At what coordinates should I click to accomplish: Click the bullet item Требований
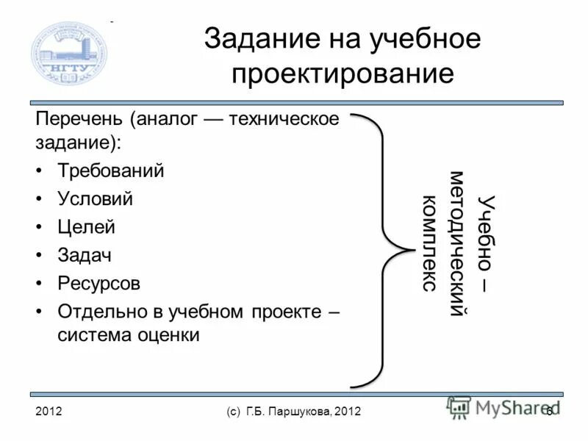(111, 171)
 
